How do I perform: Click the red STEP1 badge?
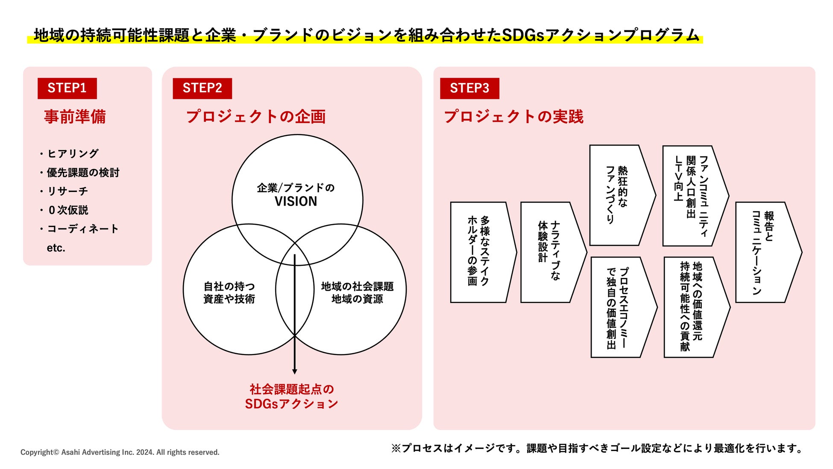click(x=67, y=88)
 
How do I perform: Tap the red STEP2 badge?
click(x=202, y=88)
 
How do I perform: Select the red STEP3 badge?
click(x=469, y=88)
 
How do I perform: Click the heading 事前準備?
click(x=75, y=117)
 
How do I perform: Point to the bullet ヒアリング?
click(x=73, y=153)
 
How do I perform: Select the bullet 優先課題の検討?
click(x=82, y=172)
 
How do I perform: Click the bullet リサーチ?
click(x=67, y=191)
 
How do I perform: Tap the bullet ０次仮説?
click(x=68, y=210)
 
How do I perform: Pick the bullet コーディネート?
click(x=82, y=229)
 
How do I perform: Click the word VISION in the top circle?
click(x=296, y=201)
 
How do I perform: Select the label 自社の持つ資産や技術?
click(x=229, y=292)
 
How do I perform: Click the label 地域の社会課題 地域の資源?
click(x=357, y=292)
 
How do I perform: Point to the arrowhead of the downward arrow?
click(x=294, y=371)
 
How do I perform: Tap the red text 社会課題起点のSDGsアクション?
click(x=291, y=396)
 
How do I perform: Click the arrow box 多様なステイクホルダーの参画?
click(x=481, y=252)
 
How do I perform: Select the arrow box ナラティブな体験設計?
click(x=550, y=252)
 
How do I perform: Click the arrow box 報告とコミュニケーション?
click(x=765, y=252)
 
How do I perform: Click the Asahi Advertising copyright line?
click(x=120, y=452)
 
